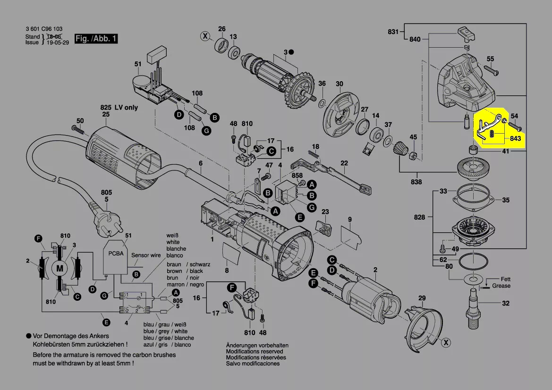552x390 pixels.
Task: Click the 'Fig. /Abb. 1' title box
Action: tap(96, 39)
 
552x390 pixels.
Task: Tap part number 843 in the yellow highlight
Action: tap(515, 139)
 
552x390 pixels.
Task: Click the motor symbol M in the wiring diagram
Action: tap(59, 268)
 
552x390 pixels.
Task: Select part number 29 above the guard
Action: tap(422, 298)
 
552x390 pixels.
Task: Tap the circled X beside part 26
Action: tap(205, 35)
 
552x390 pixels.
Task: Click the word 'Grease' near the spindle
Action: tap(501, 286)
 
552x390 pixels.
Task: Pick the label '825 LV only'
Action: tap(119, 107)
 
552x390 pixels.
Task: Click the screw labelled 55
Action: tap(491, 72)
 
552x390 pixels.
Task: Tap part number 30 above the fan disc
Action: tap(339, 84)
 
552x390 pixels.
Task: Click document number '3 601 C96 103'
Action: tap(44, 29)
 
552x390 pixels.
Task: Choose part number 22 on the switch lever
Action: tap(344, 163)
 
